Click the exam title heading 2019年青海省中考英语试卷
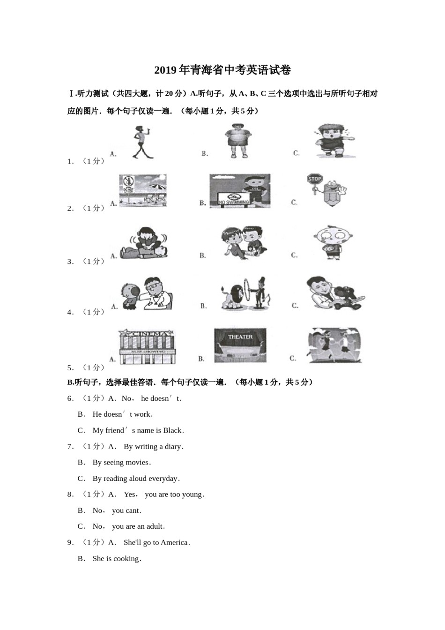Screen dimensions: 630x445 [222, 70]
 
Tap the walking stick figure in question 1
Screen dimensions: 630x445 [141, 142]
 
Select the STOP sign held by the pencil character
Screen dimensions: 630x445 [315, 179]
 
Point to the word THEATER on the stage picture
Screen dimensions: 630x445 [240, 337]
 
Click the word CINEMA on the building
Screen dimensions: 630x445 [147, 334]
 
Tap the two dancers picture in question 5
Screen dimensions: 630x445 [334, 345]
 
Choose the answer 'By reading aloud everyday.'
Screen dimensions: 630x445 [136, 479]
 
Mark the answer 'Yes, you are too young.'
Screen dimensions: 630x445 [164, 495]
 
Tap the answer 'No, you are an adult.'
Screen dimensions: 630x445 [138, 526]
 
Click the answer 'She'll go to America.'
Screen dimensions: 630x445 [157, 542]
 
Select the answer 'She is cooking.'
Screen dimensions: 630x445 [117, 559]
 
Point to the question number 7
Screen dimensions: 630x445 [70, 447]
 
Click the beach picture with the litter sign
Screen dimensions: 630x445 [143, 191]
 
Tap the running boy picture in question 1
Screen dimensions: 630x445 [334, 140]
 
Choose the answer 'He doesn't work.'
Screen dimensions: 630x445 [123, 414]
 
